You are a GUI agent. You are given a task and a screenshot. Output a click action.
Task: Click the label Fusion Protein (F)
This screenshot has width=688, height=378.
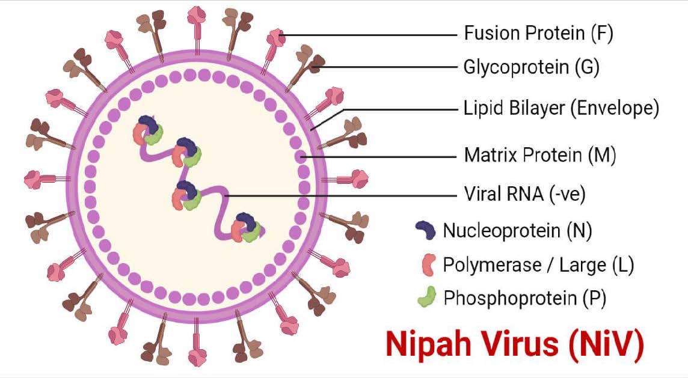(538, 34)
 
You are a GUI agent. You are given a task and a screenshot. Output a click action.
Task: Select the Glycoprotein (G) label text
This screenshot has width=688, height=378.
(531, 67)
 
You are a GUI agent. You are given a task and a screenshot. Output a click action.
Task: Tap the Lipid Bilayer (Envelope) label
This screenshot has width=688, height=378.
(561, 109)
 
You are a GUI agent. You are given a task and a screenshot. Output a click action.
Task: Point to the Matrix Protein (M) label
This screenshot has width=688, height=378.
(540, 156)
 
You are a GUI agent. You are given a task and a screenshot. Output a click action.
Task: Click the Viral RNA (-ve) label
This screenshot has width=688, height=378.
(524, 195)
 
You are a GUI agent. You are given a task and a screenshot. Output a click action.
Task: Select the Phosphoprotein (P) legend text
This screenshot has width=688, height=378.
(524, 297)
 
